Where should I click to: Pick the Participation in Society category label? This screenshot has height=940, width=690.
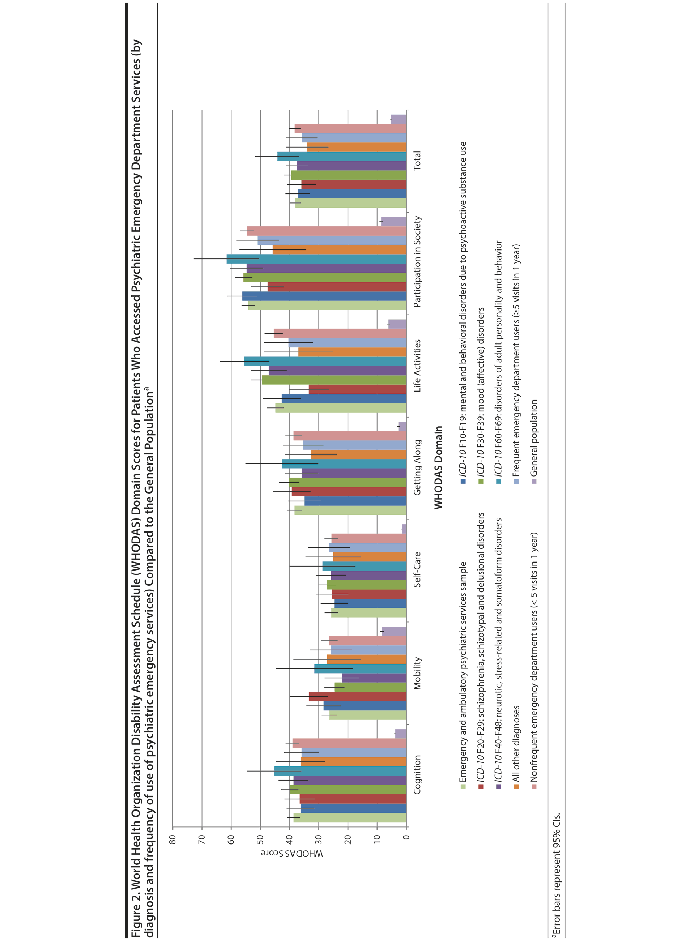pos(417,262)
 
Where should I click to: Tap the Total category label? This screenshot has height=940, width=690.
pos(417,161)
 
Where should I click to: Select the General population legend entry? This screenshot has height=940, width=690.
pos(534,438)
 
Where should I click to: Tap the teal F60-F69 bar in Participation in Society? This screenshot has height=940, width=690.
pos(316,259)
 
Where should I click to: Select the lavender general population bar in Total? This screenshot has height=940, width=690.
pos(399,119)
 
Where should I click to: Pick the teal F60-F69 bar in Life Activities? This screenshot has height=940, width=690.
pos(325,361)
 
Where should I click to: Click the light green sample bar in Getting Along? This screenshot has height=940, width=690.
pos(350,510)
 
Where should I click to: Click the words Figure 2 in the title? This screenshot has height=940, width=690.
pos(136,915)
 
